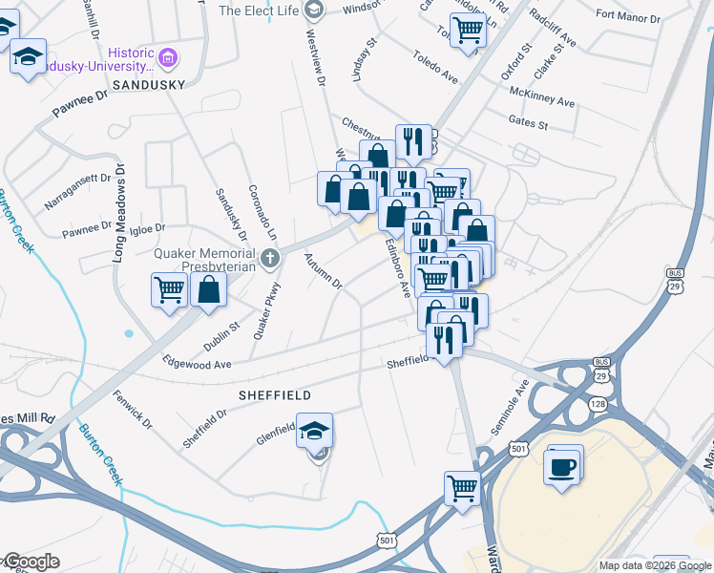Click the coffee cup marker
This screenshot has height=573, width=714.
click(562, 466)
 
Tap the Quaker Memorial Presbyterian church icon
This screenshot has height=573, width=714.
click(271, 258)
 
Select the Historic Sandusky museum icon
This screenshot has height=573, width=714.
click(169, 59)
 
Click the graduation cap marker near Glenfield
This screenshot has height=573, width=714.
click(314, 432)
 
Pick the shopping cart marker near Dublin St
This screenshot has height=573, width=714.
click(169, 288)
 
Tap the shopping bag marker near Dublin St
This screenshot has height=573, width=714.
click(208, 288)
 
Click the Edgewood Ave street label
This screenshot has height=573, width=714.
click(198, 364)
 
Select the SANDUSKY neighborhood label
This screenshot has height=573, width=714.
click(148, 85)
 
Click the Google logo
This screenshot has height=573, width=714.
click(32, 562)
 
